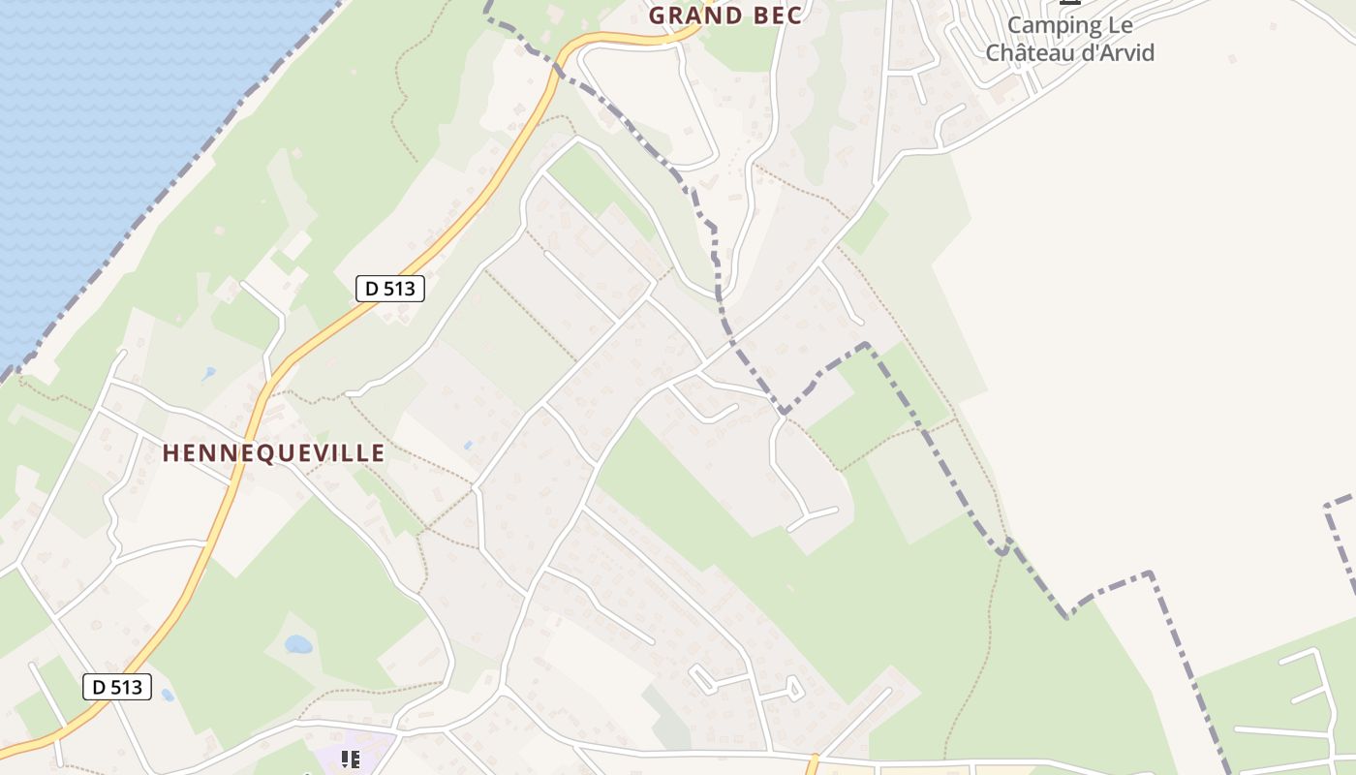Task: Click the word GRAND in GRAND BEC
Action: [x=690, y=15]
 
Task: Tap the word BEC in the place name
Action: [x=775, y=15]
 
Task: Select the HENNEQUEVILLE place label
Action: [x=273, y=453]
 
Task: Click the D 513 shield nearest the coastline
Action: [x=390, y=288]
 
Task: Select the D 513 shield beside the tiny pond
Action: [x=117, y=687]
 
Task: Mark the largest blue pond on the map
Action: [x=298, y=644]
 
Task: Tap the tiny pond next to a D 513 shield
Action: [x=168, y=695]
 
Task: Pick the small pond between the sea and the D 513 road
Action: [x=209, y=373]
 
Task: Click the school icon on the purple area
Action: [x=351, y=759]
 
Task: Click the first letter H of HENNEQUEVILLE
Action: [x=169, y=453]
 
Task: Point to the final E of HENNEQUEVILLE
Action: [x=378, y=453]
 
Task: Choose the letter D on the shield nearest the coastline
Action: [x=372, y=288]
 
